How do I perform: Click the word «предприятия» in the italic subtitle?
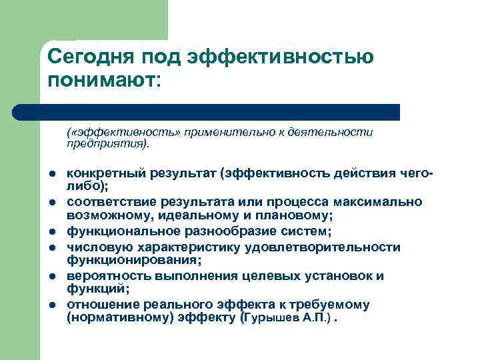pyautogui.click(x=107, y=143)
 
